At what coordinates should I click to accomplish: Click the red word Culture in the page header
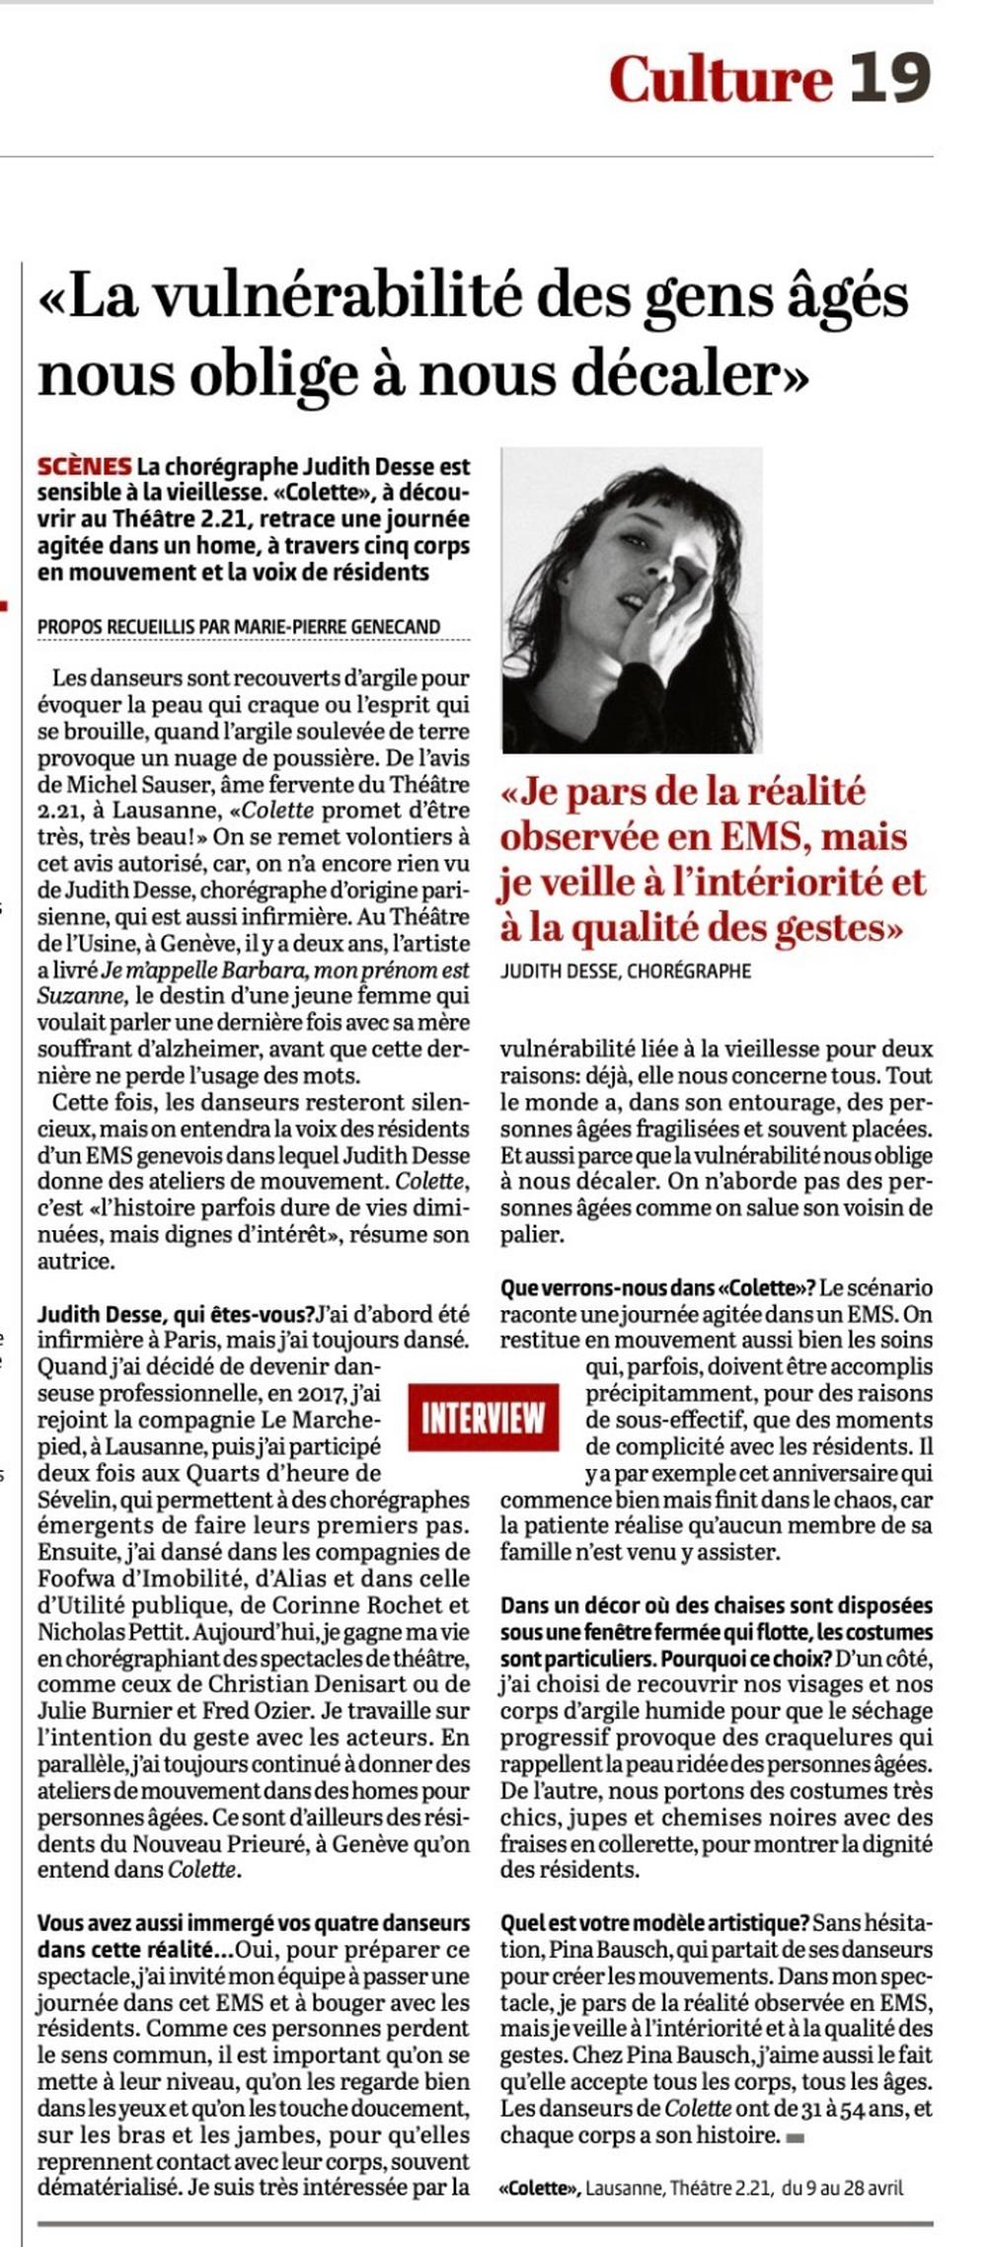(721, 79)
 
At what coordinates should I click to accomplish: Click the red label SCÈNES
(84, 466)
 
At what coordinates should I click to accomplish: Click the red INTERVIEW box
(483, 1418)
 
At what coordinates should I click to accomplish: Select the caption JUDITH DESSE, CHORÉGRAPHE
(626, 971)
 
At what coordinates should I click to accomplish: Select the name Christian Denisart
(344, 1683)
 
